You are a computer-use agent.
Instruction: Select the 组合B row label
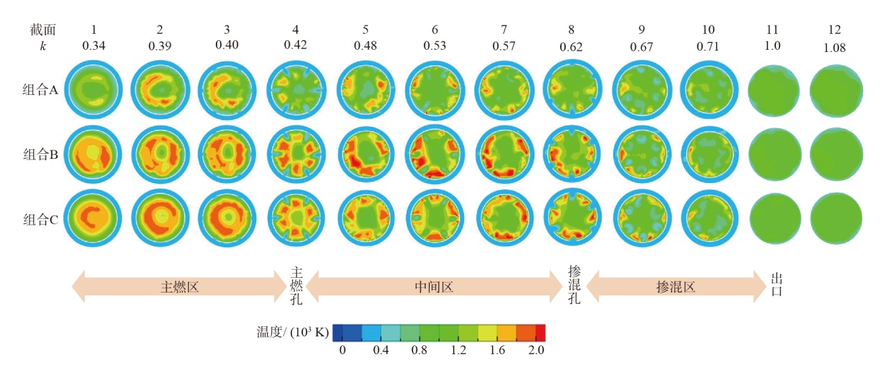[x=42, y=154]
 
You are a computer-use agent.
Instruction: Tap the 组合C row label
[x=42, y=220]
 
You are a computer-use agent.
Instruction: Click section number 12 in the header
[x=835, y=30]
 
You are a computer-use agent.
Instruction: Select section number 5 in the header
[x=364, y=30]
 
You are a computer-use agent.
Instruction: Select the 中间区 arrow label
[x=434, y=286]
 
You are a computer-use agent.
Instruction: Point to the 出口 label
[x=777, y=285]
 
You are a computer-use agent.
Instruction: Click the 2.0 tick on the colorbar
[x=536, y=350]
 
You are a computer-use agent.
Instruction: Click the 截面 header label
[x=42, y=30]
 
